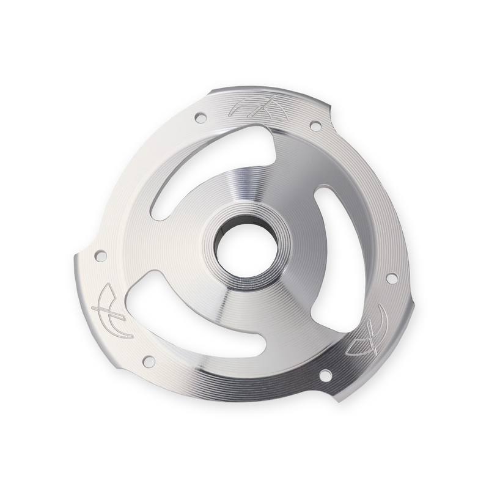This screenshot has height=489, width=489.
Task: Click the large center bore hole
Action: (247, 251)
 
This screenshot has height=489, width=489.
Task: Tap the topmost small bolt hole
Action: (200, 118)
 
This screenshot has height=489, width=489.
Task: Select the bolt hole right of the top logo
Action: (315, 126)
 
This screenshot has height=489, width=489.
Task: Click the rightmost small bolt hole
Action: (392, 278)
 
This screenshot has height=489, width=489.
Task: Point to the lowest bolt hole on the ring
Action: (326, 375)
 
